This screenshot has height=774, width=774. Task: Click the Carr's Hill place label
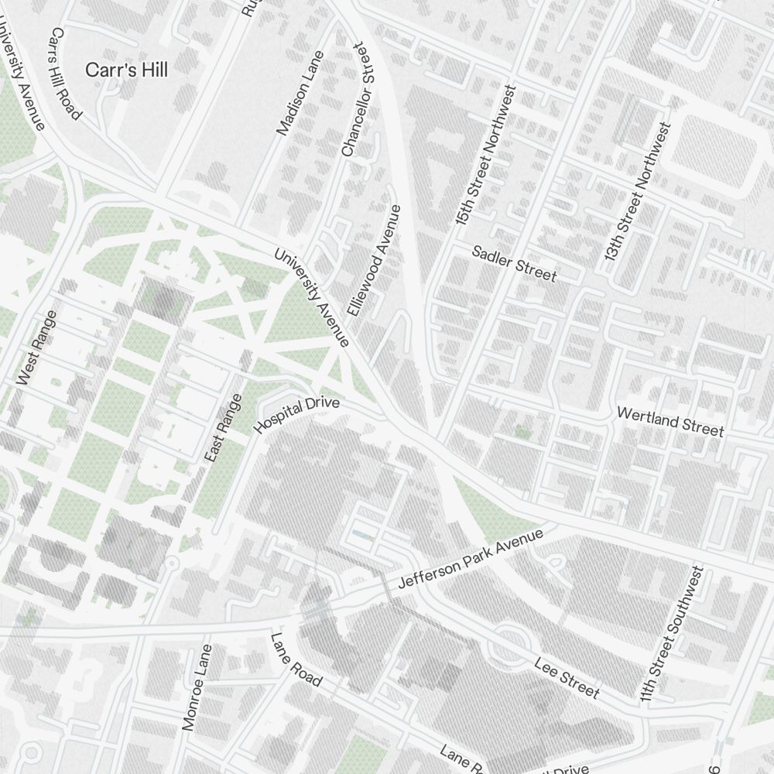[x=126, y=70]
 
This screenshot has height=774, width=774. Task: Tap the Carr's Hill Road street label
[x=65, y=74]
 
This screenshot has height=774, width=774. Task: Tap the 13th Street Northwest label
[x=636, y=191]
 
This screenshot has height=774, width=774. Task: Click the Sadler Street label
[x=514, y=264]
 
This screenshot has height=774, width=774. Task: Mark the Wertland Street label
[x=670, y=421]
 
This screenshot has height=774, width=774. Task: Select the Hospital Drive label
[x=296, y=415]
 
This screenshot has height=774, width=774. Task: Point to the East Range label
[x=223, y=429]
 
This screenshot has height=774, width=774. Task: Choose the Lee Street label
[x=567, y=676]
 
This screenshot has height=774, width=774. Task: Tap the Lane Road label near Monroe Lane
[x=296, y=659]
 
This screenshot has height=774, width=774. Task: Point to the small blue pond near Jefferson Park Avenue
[x=360, y=534]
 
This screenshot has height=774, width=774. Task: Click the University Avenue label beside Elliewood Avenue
[x=313, y=297]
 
